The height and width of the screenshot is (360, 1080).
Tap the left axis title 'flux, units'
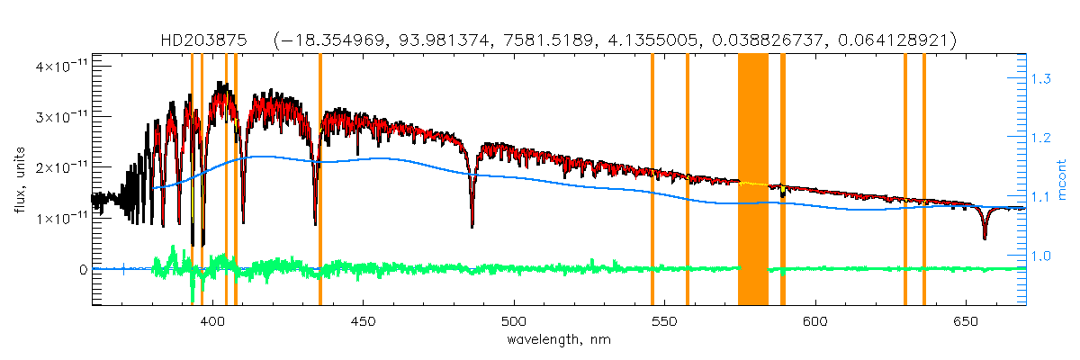[18, 181]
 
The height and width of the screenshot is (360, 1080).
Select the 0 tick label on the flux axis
[83, 269]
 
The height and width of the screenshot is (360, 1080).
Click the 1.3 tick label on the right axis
[1041, 79]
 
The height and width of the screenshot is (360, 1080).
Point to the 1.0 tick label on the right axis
[1041, 256]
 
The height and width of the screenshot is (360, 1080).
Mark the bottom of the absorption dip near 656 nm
[985, 238]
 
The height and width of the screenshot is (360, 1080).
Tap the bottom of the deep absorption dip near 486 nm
[472, 226]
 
